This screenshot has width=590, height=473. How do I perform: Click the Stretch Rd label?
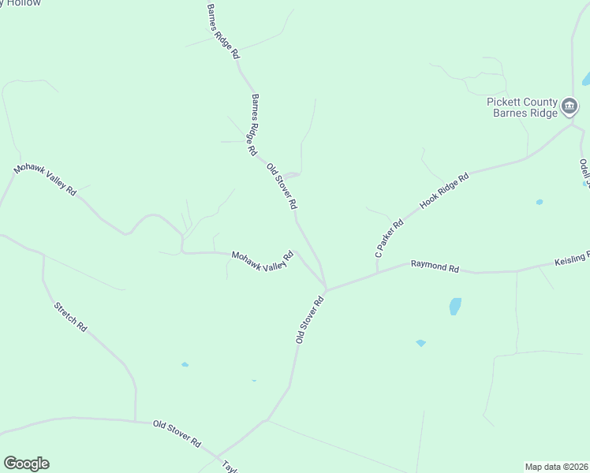(70, 317)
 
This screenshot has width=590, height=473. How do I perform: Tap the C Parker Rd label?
(389, 239)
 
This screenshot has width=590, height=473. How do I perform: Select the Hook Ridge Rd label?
(444, 190)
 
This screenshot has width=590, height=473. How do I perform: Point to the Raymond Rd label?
(435, 267)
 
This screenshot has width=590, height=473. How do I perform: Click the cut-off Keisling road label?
(571, 259)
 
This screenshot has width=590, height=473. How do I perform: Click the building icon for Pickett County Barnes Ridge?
(569, 106)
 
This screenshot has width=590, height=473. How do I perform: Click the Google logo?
(26, 464)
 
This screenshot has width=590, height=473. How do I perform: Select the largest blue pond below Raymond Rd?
(455, 306)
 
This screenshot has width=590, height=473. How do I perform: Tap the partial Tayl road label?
(230, 466)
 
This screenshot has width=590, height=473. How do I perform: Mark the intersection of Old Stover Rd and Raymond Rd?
(326, 289)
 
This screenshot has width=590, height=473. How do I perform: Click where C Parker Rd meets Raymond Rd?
(377, 272)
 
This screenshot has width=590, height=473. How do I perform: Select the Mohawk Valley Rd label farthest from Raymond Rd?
(45, 181)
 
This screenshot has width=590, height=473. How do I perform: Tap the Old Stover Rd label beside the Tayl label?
(177, 433)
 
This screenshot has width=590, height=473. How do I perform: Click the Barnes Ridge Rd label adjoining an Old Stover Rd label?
(253, 125)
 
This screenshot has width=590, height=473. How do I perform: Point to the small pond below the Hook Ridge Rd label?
(540, 202)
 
